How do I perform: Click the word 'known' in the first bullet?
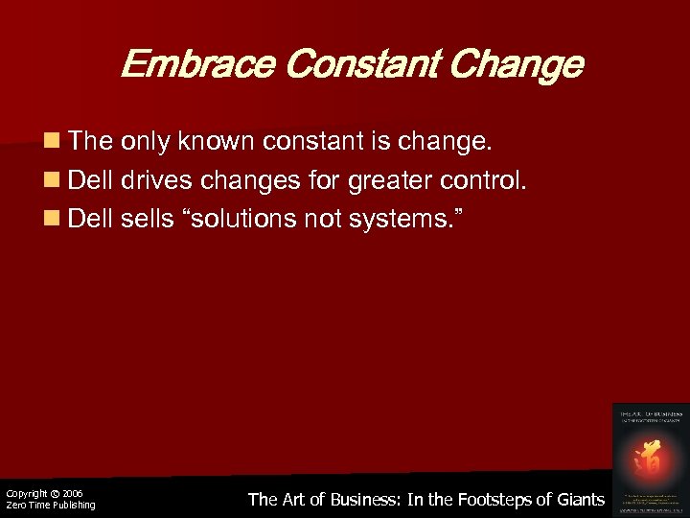coord(221,143)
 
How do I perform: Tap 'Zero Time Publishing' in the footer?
coord(50,506)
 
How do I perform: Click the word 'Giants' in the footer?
coord(579,499)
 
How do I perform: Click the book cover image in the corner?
coord(651,458)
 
